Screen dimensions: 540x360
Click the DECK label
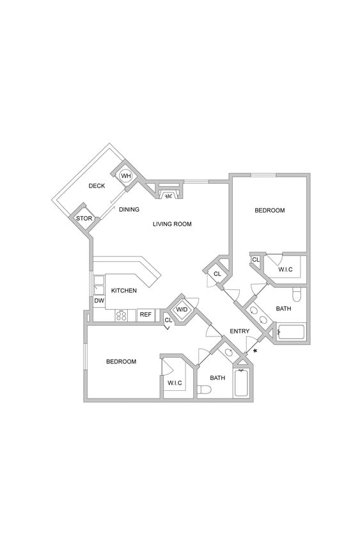point(97,186)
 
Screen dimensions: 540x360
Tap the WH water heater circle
point(126,176)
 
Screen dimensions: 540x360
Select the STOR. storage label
point(84,219)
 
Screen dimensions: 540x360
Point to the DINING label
point(129,209)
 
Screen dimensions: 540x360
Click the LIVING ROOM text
point(172,224)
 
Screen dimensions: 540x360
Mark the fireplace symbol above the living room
point(169,196)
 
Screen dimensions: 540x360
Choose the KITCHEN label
point(123,290)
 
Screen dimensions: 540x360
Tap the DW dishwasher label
point(99,300)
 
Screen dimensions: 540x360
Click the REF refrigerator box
point(146,314)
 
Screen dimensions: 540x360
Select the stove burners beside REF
point(121,315)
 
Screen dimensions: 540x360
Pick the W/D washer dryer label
point(182,310)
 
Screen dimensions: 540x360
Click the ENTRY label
point(240,331)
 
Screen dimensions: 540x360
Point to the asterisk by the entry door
point(255,352)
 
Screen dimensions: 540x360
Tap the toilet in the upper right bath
point(296,295)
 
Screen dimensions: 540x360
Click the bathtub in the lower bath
point(242,383)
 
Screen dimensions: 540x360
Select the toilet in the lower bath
point(204,390)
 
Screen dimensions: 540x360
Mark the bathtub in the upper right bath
point(292,332)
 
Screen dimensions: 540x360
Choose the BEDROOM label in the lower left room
point(121,361)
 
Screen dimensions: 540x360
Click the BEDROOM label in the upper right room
point(269,210)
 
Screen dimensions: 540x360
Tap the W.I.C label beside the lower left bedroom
point(175,383)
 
